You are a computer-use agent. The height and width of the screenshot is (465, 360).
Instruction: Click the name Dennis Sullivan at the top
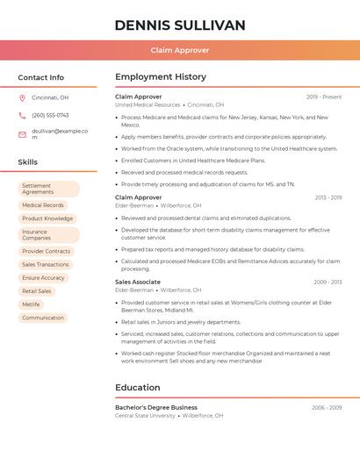[180, 25]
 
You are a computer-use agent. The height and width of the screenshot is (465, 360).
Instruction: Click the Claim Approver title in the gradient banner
[180, 50]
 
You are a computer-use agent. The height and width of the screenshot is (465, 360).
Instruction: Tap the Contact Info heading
[41, 77]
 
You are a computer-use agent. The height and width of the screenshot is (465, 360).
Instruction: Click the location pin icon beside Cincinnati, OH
[22, 97]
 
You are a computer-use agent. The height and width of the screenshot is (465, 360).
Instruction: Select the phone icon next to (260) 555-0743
[22, 115]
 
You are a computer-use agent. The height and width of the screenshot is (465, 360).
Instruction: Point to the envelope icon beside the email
[22, 134]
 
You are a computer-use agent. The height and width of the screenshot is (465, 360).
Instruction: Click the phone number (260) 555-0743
[50, 115]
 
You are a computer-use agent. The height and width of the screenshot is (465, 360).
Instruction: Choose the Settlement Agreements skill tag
[48, 189]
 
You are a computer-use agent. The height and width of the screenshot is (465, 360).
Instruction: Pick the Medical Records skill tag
[43, 205]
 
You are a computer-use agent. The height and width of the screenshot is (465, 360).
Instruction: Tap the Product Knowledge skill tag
[47, 218]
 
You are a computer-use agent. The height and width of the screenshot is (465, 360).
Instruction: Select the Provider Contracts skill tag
[47, 251]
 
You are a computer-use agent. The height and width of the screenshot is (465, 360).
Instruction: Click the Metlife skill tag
[32, 304]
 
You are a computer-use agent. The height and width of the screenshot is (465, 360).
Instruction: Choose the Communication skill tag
[43, 318]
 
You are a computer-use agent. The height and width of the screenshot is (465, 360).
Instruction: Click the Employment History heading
[161, 77]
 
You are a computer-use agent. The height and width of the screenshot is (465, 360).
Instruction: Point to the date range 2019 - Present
[324, 97]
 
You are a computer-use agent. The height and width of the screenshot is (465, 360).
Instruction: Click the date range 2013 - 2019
[328, 197]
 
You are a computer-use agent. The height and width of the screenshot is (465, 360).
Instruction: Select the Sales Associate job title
[138, 282]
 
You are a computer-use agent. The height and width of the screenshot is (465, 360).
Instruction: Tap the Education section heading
[138, 387]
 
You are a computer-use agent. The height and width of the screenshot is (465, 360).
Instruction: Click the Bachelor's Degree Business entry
[156, 407]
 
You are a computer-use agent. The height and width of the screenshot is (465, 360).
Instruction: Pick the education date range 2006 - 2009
[327, 407]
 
